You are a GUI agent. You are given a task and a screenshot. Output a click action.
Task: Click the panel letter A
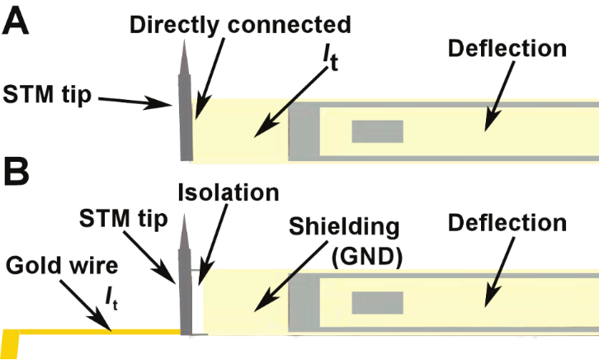tap(17, 19)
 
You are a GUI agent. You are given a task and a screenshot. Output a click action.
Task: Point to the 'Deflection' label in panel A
tap(507, 47)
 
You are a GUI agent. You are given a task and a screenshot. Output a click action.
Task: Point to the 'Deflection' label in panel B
tap(507, 222)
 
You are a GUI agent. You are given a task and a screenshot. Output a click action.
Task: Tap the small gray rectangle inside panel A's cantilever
tap(377, 131)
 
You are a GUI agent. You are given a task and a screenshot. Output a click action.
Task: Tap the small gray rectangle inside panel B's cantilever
tap(377, 303)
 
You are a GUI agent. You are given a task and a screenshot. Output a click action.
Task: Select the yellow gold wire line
tap(99, 333)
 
